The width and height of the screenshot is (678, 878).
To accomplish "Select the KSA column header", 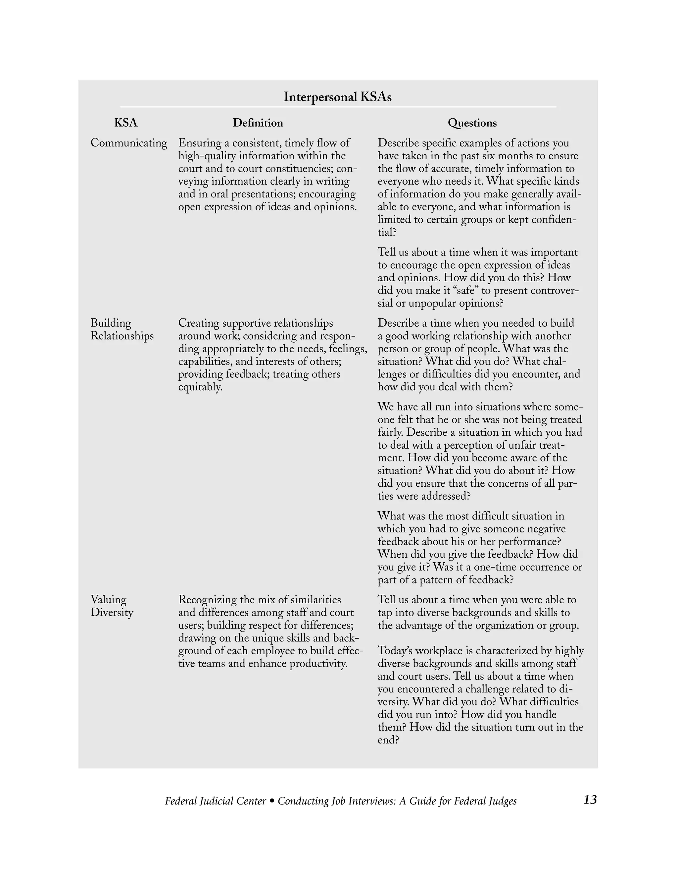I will click(x=126, y=123).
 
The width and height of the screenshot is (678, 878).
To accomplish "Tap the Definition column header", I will click(x=258, y=123).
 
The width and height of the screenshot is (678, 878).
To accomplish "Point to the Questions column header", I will click(x=472, y=123).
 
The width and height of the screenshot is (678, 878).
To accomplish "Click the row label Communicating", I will click(x=128, y=143).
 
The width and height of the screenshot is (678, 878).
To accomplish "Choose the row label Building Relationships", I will click(x=122, y=330).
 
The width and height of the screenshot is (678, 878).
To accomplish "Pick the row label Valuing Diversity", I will click(x=112, y=606).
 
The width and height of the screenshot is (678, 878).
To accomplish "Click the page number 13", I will click(x=590, y=799).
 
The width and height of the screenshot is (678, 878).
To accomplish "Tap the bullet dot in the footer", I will click(x=272, y=801).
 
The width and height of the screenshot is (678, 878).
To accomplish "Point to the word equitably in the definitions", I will click(x=200, y=387).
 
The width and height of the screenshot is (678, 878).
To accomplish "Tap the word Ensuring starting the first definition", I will click(x=199, y=143).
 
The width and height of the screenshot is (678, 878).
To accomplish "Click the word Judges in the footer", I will click(x=503, y=801).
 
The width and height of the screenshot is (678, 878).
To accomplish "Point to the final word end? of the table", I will click(x=388, y=740).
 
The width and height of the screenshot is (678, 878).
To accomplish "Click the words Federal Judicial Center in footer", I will click(x=215, y=801).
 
